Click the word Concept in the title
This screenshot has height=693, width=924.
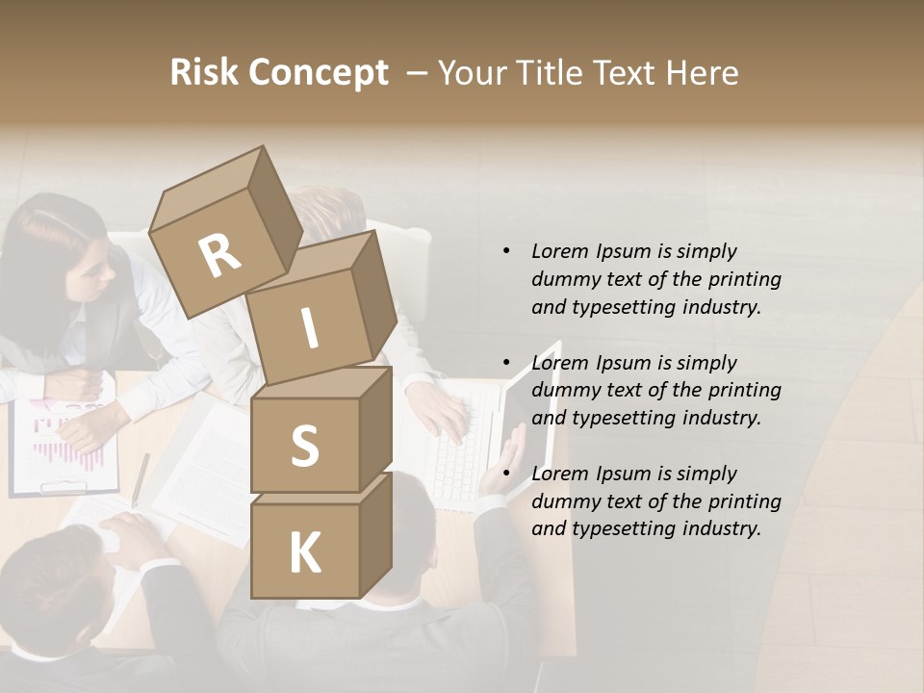click(x=318, y=73)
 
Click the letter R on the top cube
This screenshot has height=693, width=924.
click(x=220, y=255)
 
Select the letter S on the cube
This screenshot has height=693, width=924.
click(x=304, y=447)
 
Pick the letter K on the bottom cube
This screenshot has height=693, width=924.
click(x=304, y=553)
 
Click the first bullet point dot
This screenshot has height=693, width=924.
click(x=507, y=251)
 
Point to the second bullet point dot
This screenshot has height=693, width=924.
click(x=507, y=363)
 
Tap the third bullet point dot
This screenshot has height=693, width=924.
click(x=507, y=474)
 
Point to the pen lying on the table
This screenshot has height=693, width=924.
click(x=141, y=478)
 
